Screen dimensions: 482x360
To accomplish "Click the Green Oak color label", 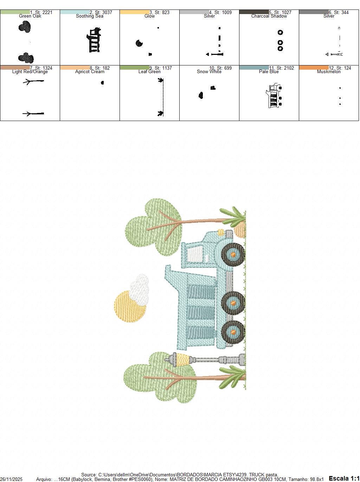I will [30, 16].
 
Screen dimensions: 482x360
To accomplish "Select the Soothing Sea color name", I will [90, 16].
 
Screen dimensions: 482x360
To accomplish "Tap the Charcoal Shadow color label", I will [269, 16].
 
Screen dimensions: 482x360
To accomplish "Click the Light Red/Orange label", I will [30, 72].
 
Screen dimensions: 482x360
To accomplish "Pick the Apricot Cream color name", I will [90, 72].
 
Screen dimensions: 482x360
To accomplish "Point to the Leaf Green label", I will [149, 72].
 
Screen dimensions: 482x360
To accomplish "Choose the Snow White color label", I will [209, 72].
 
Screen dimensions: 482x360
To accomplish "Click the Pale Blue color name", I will [269, 72].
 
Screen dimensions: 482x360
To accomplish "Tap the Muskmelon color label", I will [329, 72].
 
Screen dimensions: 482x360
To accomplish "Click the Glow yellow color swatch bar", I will [134, 12].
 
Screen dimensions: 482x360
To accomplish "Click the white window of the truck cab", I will [195, 254].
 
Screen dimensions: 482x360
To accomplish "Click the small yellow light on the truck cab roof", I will [221, 232].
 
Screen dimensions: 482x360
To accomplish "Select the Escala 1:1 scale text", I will [344, 478].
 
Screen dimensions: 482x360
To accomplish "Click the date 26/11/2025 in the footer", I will [11, 479].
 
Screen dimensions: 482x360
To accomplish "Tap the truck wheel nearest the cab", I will [233, 254].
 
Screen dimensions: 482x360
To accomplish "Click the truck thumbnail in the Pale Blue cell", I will [274, 96].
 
